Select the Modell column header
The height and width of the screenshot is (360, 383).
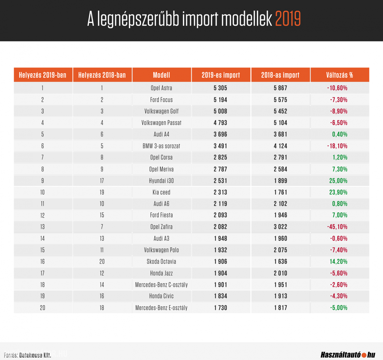(161, 75)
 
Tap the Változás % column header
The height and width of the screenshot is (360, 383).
(339, 75)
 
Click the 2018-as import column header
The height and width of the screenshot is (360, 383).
(280, 75)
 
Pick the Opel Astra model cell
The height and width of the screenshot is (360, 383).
(161, 88)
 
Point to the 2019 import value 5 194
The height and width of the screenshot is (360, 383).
(221, 100)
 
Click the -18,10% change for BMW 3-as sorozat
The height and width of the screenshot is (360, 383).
(337, 146)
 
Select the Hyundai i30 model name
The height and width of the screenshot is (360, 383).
(161, 181)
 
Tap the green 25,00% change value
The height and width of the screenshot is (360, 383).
(338, 181)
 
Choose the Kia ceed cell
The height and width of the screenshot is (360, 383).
(161, 192)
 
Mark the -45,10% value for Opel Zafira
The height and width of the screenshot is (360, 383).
(337, 227)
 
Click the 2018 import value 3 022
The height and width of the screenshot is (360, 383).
(281, 227)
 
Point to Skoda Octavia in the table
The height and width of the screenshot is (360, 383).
(161, 262)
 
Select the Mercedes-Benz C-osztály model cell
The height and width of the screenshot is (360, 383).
(161, 285)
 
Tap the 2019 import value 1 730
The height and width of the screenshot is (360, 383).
(221, 308)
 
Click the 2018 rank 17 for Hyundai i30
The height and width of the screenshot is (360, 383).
(102, 181)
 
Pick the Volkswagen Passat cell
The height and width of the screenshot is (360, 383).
(161, 123)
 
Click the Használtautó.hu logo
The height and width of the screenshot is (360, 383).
(348, 355)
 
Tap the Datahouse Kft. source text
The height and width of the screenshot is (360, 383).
(35, 355)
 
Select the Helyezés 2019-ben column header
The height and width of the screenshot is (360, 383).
(43, 75)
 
